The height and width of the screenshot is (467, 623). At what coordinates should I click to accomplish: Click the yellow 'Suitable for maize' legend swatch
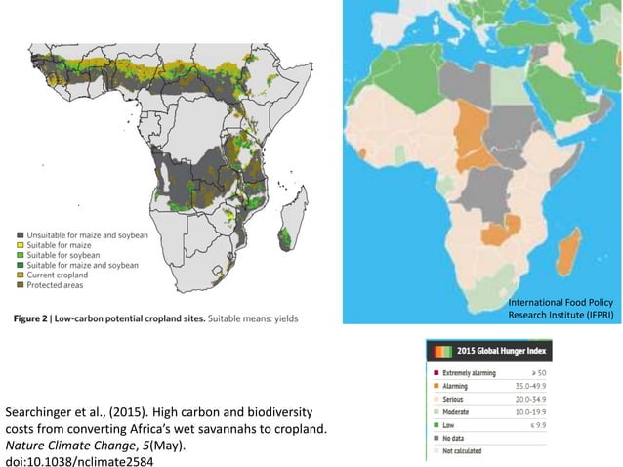click(x=20, y=245)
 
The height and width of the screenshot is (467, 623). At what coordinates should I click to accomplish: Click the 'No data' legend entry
click(x=459, y=439)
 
